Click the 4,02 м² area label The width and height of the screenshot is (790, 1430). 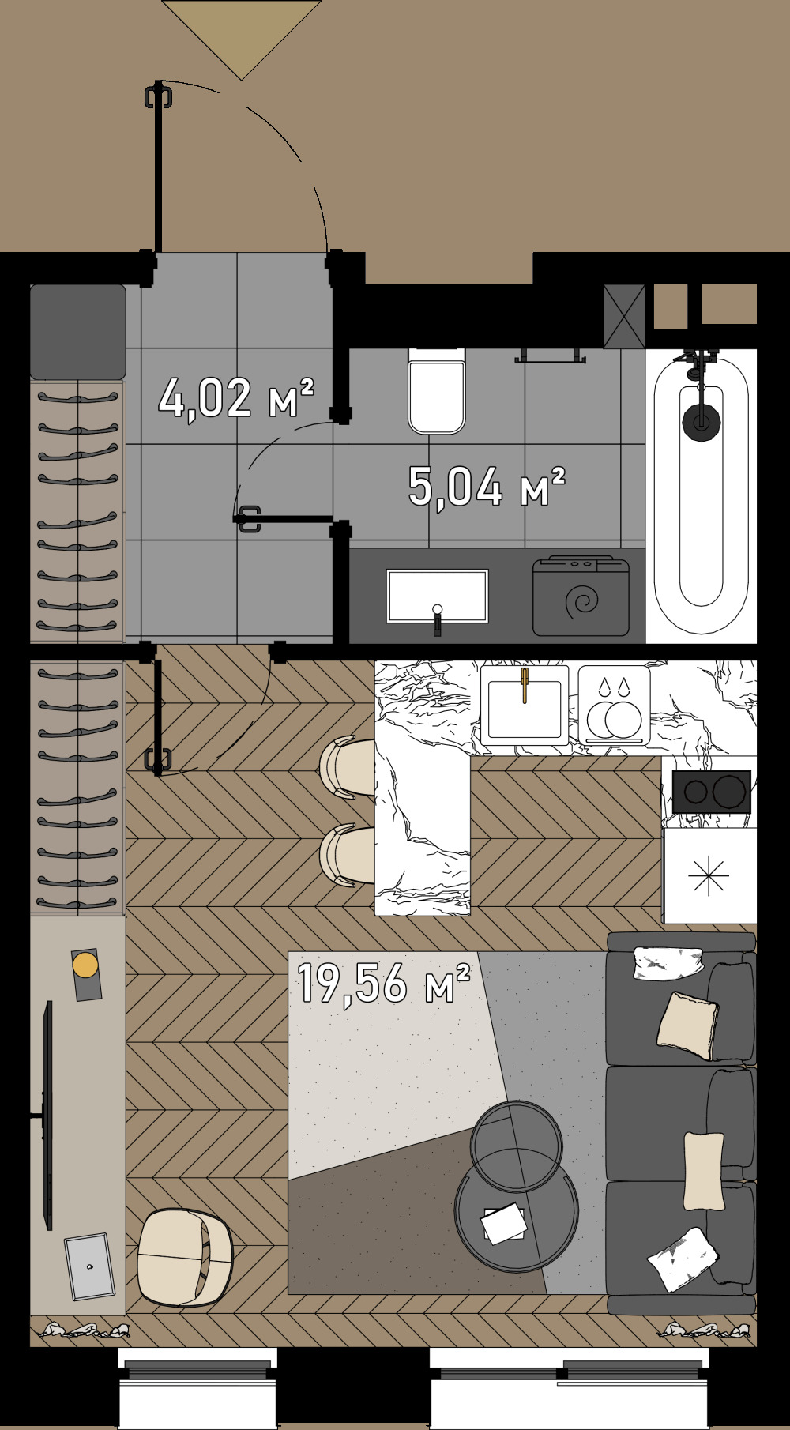tap(235, 397)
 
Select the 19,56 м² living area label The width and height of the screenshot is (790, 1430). tap(383, 983)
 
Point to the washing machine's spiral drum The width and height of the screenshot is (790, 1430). tap(582, 602)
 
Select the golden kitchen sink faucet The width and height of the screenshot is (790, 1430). tap(525, 684)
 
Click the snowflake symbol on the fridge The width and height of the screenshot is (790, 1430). tap(709, 876)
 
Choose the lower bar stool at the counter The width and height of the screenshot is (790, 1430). tap(348, 856)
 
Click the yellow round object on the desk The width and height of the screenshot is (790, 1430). tap(85, 965)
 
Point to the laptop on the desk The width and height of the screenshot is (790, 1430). tap(89, 1266)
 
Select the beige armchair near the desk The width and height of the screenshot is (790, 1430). tap(185, 1256)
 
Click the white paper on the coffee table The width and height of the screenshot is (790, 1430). tap(504, 1223)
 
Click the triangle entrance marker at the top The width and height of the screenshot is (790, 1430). tap(241, 32)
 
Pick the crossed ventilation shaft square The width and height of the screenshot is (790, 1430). tap(624, 316)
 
